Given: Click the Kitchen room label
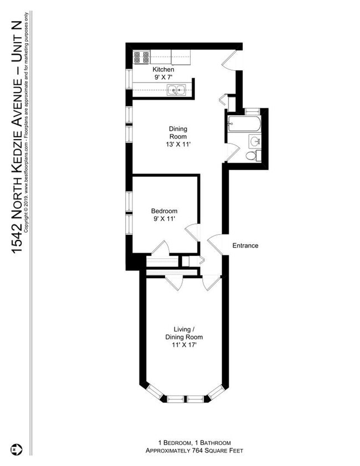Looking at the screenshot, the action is click(x=163, y=70).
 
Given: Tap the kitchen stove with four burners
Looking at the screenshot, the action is click(x=141, y=57).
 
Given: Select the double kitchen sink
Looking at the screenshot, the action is click(x=176, y=90).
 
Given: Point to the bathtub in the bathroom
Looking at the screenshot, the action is click(x=244, y=124).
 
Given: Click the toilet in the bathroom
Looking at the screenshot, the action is click(x=253, y=156).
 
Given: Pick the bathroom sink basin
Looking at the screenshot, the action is click(x=255, y=141).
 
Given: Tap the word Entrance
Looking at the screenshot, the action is click(x=245, y=245).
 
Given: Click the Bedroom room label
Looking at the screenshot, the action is click(x=164, y=211).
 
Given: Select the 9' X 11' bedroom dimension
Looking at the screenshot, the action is click(x=164, y=219).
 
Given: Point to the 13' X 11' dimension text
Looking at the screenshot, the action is click(x=178, y=145).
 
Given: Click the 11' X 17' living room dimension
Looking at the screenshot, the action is click(x=184, y=345).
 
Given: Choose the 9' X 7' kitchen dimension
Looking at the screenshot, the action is click(x=163, y=77).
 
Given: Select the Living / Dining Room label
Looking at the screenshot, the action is click(x=184, y=333).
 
